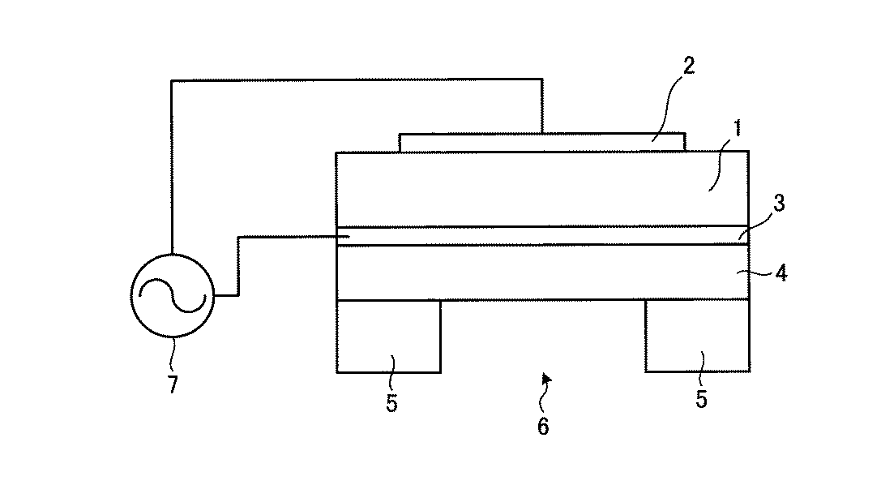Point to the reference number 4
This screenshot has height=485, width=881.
(780, 273)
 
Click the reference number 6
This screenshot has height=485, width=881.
(543, 427)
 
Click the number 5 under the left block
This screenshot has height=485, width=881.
(391, 404)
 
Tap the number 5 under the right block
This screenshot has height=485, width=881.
(701, 399)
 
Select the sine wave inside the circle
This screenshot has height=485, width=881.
(173, 296)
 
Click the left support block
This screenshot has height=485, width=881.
(388, 336)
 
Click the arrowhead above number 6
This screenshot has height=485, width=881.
(547, 377)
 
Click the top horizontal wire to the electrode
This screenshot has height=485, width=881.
(357, 79)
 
